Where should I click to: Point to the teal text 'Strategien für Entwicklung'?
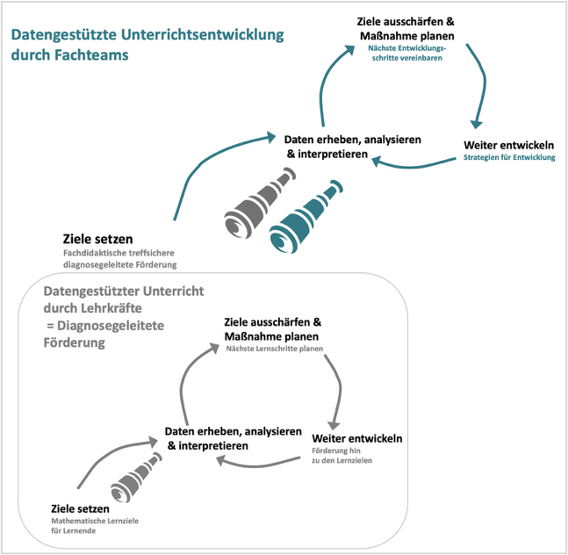coord(509,158)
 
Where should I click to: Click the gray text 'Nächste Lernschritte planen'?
coord(274,349)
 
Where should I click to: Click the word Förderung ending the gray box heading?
coord(75,342)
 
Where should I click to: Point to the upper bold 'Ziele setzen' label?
coord(98,239)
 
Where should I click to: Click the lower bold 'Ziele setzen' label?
coord(80,508)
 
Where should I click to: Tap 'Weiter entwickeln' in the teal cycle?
coord(508,145)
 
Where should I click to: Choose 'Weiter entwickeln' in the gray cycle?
coord(357,438)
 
